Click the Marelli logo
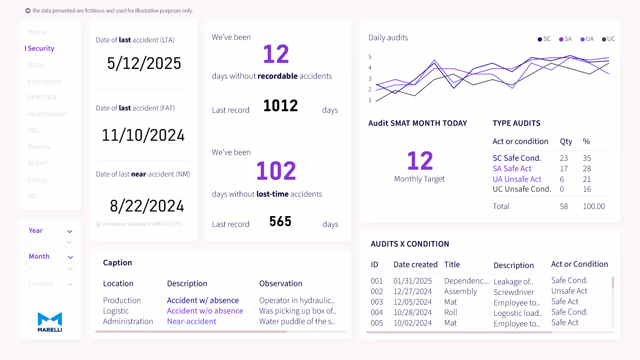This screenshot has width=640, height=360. coord(50,322)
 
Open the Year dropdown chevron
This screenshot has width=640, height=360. coord(70,231)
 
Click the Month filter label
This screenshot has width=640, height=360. coord(39,256)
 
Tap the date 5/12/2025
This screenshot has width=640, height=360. coord(144,63)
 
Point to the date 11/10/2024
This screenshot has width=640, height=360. coord(143,135)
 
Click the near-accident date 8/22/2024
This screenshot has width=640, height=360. coord(147,206)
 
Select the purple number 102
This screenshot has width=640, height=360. coord(276,171)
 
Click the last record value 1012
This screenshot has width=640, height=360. coord(280,106)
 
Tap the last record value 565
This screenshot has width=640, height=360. coord(280,221)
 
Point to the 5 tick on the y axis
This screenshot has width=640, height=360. coord(370,57)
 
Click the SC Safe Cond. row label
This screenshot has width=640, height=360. coord(517,158)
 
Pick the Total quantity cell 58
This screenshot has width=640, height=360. coord(564,206)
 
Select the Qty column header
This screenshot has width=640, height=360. coord(565,141)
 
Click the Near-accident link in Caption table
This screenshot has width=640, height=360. coord(191,321)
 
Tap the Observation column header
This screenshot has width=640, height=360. coord(280,283)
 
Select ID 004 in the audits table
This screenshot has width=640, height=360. coord(376,312)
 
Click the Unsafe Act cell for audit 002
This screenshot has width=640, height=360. coord(569,291)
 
